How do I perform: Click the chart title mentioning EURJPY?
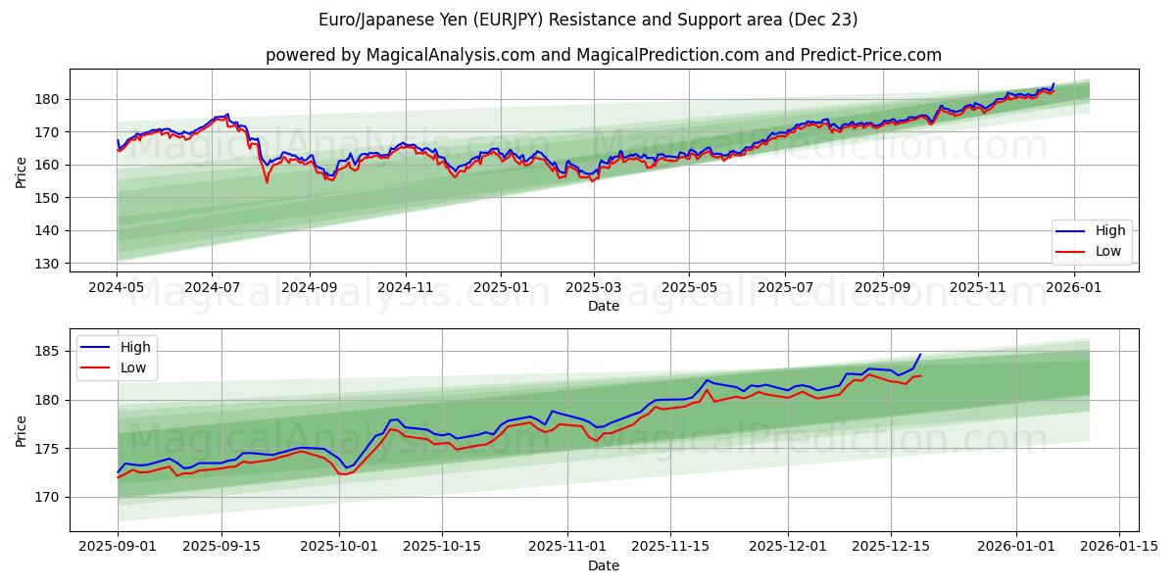click(x=588, y=20)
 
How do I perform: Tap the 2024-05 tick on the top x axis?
click(x=117, y=288)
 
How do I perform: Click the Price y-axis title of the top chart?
click(x=22, y=171)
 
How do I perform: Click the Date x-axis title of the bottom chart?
click(x=603, y=565)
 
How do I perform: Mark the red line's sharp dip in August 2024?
click(x=267, y=182)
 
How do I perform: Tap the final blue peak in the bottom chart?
click(x=920, y=355)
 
